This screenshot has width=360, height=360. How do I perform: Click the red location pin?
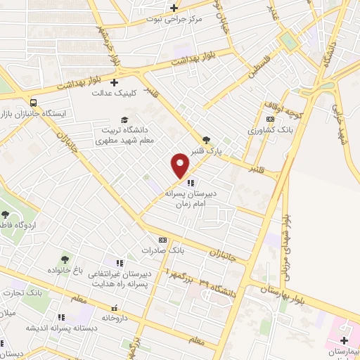181,166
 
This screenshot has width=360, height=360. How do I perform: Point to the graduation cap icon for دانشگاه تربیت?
124,120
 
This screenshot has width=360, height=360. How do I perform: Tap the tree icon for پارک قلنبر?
205,140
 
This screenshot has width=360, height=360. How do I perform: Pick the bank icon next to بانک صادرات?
163,240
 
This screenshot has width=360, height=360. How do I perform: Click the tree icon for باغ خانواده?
65,260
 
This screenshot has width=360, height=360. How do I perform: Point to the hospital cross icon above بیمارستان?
344,340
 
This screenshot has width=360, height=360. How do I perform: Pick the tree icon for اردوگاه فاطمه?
6,214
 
